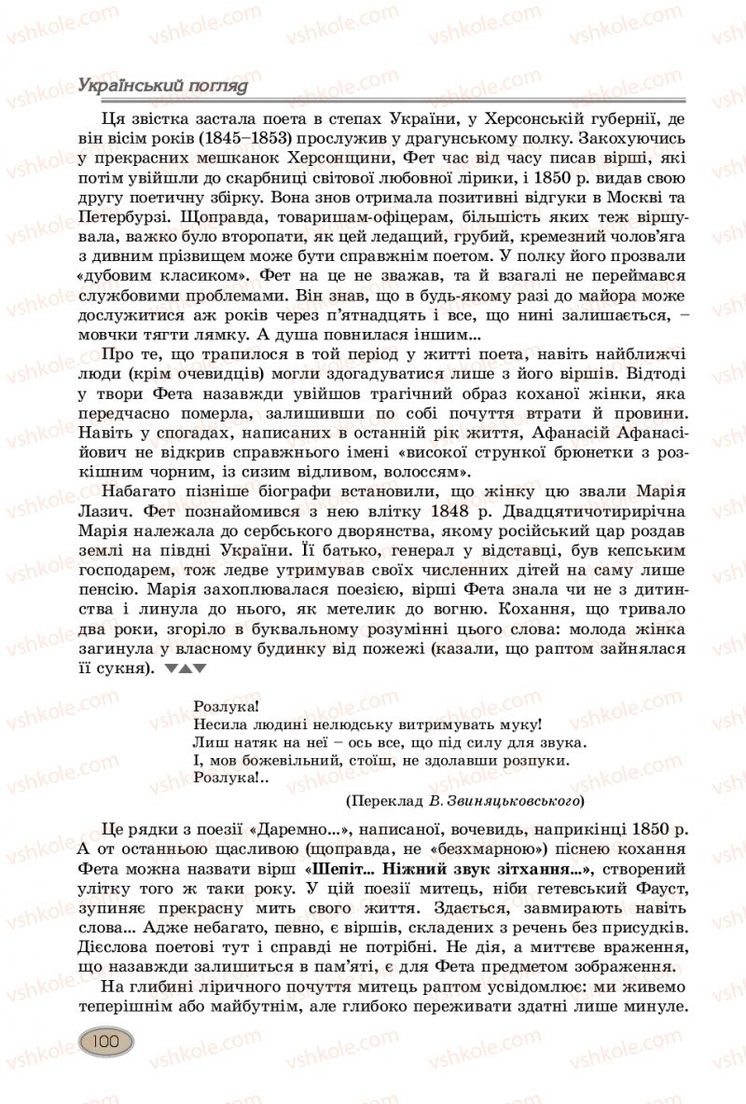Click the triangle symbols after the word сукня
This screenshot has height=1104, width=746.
[185, 669]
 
